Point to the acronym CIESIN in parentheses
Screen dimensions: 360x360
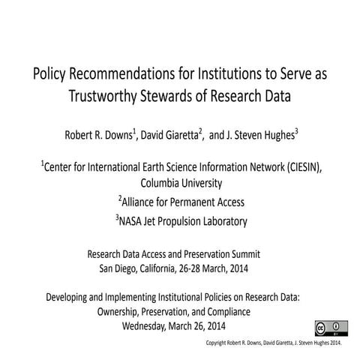click(297, 167)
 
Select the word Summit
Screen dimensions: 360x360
click(254, 254)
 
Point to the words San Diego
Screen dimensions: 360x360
click(119, 268)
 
